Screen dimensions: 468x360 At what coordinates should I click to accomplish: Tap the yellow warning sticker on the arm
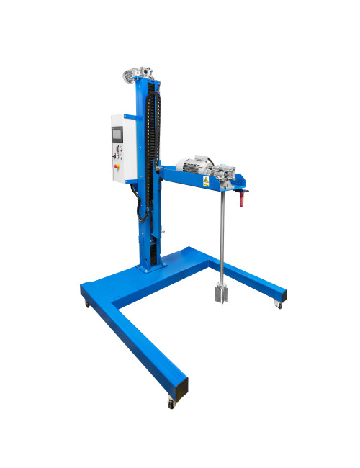click(206, 182)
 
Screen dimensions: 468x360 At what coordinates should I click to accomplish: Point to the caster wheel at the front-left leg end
click(171, 404)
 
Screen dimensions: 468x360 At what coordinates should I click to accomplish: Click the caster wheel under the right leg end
click(279, 307)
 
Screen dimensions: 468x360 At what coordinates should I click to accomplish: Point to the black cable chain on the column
click(150, 144)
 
